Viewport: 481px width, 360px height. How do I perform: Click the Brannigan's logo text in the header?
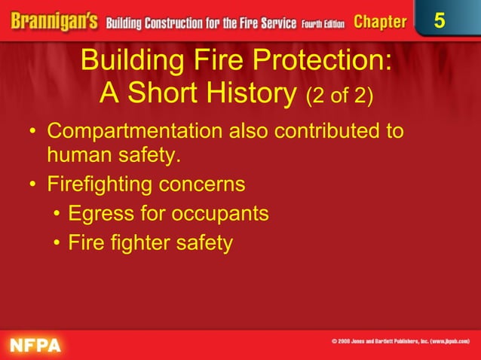pyautogui.click(x=51, y=21)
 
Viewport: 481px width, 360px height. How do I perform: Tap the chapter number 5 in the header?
pyautogui.click(x=440, y=21)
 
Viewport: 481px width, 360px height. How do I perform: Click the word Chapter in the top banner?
pyautogui.click(x=379, y=22)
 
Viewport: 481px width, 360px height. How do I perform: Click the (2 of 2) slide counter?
pyautogui.click(x=339, y=96)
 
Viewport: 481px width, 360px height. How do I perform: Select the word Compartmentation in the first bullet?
pyautogui.click(x=134, y=131)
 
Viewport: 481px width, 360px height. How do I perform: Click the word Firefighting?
pyautogui.click(x=106, y=185)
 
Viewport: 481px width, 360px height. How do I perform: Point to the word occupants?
pyautogui.click(x=219, y=214)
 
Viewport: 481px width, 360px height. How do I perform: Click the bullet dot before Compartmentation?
pyautogui.click(x=32, y=133)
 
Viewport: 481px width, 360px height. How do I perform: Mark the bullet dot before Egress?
pyautogui.click(x=57, y=215)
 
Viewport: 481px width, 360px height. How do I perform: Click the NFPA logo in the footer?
pyautogui.click(x=35, y=346)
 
